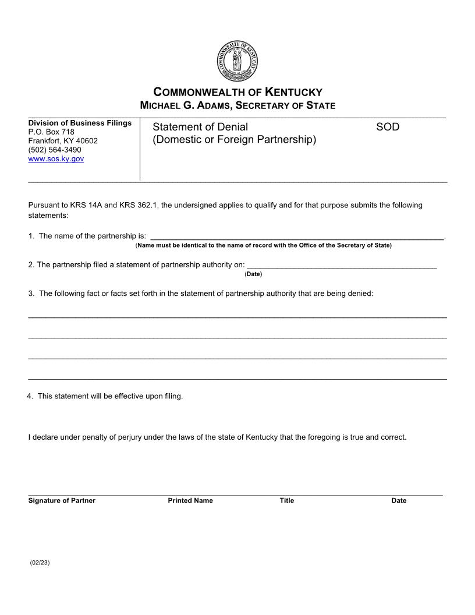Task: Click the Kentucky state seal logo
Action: pos(237,62)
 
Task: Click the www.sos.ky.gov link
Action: pos(56,158)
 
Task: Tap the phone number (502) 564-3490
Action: pos(55,150)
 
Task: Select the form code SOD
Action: pos(388,127)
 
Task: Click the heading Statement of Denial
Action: pos(200,127)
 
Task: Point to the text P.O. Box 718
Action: pos(51,132)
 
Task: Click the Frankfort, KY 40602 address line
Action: pos(63,141)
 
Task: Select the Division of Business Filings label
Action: pos(80,123)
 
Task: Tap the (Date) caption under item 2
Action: pos(253,274)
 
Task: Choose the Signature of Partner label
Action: pos(62,501)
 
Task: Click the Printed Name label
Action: pos(190,501)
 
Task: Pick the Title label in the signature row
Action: pos(286,501)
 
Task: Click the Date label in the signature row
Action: pos(399,501)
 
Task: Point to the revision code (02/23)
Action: pos(40,563)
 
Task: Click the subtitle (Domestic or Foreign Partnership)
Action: pos(234,140)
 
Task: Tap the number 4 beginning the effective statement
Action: pos(29,396)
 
